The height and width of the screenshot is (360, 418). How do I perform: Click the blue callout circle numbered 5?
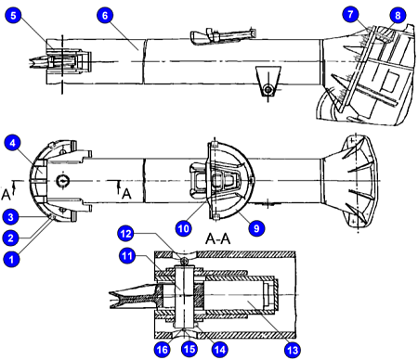point(13,15)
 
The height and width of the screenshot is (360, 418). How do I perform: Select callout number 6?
point(105,15)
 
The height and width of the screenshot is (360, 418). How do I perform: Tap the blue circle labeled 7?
point(350,14)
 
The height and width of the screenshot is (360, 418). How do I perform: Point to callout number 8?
point(398,15)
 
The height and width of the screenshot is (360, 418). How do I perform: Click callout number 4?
point(13,143)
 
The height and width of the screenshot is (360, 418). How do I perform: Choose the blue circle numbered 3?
point(11,217)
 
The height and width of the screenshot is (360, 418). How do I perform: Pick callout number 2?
point(11,238)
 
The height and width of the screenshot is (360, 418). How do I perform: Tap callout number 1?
point(11,259)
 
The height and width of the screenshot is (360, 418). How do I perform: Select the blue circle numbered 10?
point(183,228)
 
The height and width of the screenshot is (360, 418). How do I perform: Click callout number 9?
point(256,228)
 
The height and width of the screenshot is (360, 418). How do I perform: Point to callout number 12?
point(125,233)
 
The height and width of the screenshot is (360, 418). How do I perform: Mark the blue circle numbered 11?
point(127,256)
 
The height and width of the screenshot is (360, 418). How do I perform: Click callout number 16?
point(162,349)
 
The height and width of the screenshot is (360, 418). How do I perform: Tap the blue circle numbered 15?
point(189,349)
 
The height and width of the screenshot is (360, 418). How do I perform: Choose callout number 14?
point(219,349)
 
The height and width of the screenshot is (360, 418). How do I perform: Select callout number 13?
point(293,350)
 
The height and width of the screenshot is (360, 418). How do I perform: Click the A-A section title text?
point(218,238)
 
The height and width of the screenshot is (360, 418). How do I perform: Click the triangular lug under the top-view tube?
point(268,81)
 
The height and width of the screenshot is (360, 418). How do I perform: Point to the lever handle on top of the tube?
point(223,35)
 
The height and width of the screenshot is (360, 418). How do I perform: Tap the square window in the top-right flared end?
point(390,81)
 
